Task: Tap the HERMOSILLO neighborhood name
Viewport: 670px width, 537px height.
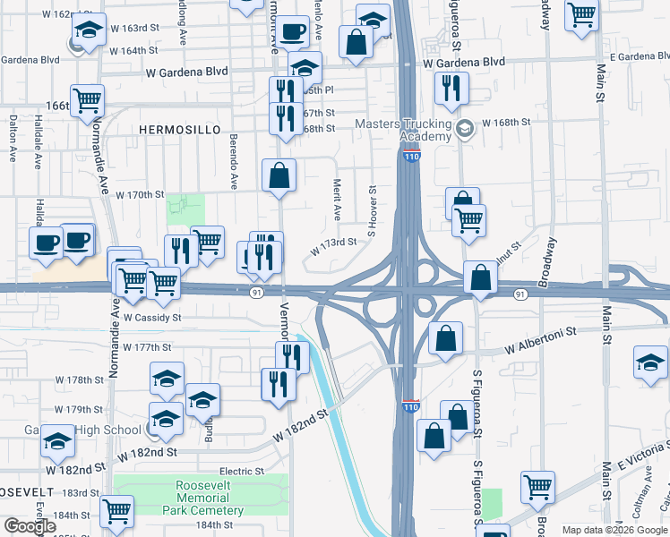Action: point(179,130)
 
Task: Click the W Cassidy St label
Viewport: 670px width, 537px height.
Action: point(152,317)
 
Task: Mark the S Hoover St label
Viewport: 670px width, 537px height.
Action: point(368,216)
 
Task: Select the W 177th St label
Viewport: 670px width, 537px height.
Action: point(147,346)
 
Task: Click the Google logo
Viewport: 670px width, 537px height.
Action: point(30,526)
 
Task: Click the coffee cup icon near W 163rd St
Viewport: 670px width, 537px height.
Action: point(291,31)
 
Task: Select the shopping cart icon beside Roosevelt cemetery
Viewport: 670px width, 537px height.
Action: point(117,512)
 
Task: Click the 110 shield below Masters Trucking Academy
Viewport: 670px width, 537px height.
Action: point(410,158)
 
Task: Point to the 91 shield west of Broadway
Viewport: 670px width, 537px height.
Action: point(520,294)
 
